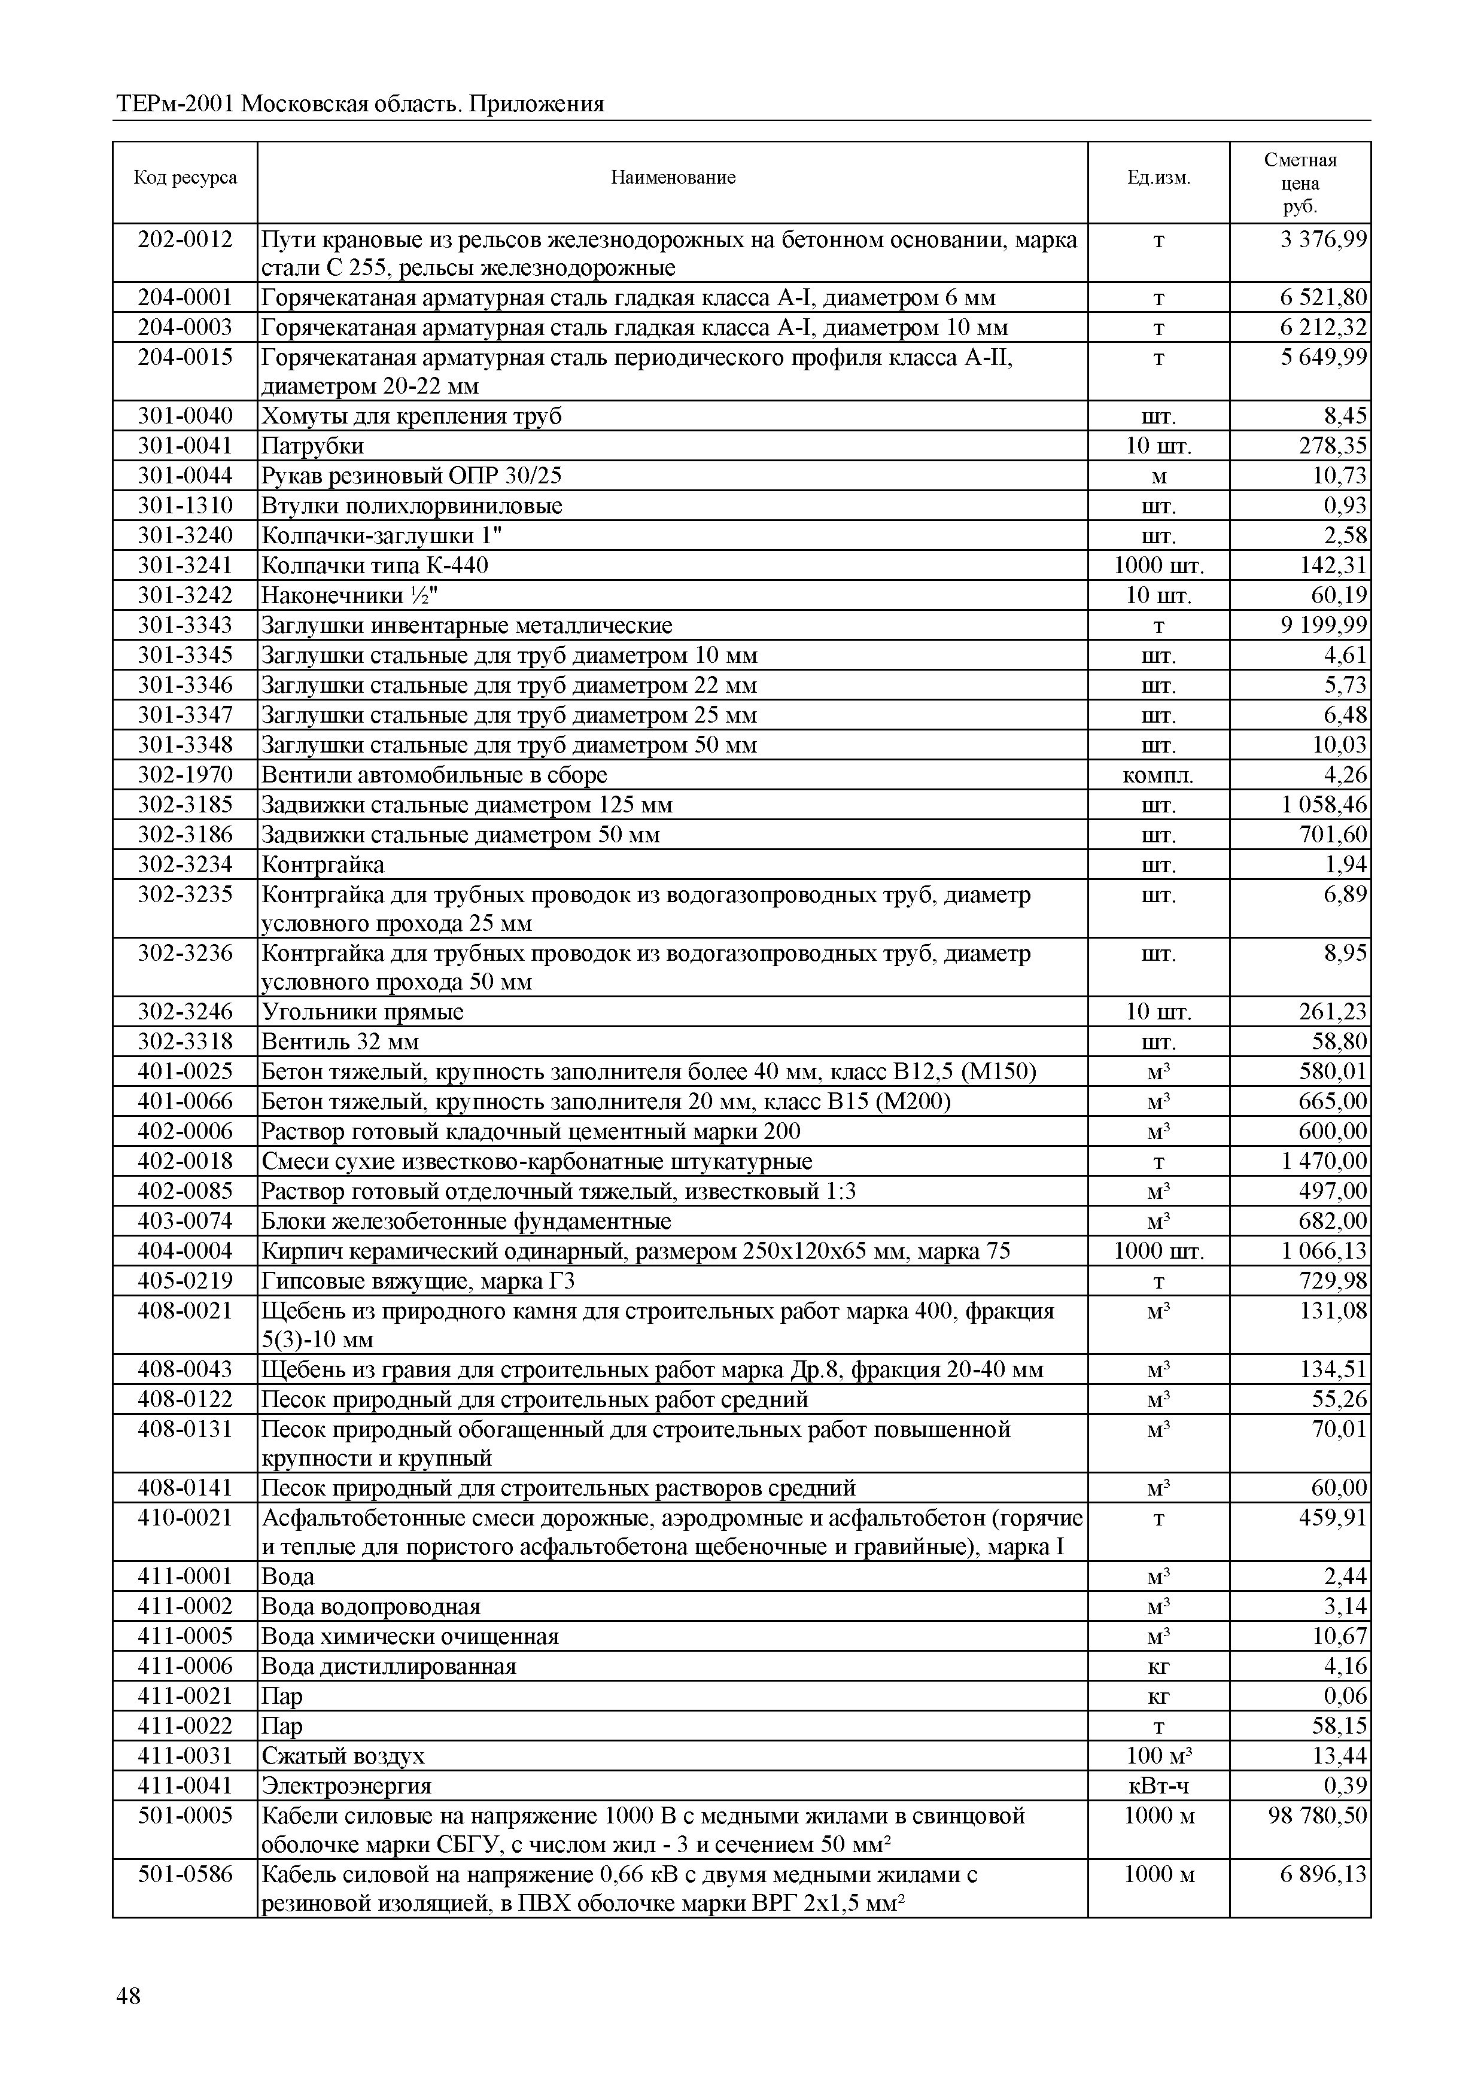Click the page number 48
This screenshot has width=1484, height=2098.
click(129, 1996)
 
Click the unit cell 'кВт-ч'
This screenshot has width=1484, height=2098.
click(1158, 1786)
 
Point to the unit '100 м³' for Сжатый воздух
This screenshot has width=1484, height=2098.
click(1158, 1755)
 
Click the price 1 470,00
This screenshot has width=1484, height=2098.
click(1323, 1161)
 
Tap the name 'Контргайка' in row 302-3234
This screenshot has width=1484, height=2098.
click(323, 864)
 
